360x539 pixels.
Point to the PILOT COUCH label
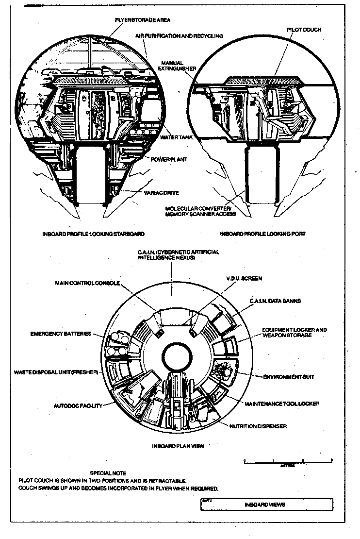pyautogui.click(x=304, y=30)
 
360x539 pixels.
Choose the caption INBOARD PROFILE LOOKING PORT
pyautogui.click(x=262, y=234)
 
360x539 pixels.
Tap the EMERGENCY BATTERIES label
pyautogui.click(x=61, y=334)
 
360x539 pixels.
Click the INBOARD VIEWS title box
pyautogui.click(x=266, y=504)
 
